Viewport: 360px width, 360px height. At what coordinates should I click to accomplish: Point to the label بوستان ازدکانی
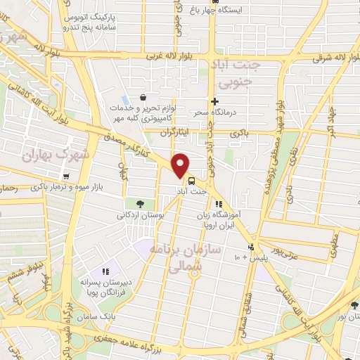point(141,215)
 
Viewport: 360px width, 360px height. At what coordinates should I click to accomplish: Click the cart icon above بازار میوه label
point(65,176)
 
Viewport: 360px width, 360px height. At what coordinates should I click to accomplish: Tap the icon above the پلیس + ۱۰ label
point(251,247)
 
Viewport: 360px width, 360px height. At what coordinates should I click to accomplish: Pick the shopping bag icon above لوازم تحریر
point(143,97)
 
